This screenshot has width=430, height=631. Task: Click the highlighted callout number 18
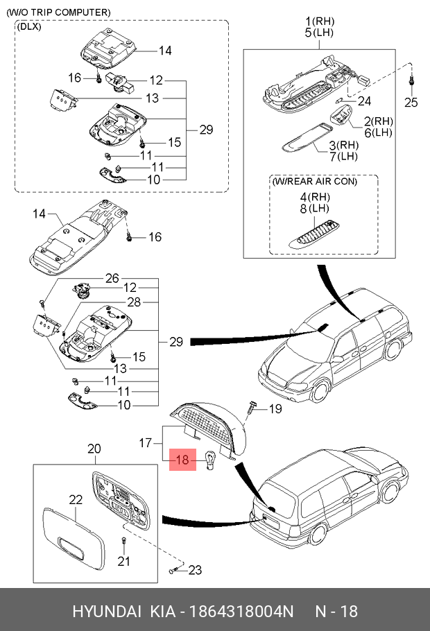point(182,460)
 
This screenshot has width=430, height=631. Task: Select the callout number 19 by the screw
point(275,409)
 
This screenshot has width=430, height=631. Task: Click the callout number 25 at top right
point(411,102)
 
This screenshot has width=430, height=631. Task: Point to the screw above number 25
point(411,80)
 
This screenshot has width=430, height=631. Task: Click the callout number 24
point(364,101)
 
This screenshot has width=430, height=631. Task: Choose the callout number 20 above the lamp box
point(94,449)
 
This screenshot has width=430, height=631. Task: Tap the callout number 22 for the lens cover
point(76,499)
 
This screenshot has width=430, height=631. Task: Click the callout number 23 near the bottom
point(195,570)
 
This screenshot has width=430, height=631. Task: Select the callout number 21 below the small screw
point(123,561)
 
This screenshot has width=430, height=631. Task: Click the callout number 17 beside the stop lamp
point(145,443)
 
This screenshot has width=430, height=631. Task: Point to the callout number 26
point(112,278)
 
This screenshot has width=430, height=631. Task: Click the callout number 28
point(134,302)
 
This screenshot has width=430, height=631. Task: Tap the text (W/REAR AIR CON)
point(315,181)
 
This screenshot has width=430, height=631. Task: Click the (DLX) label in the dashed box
point(29,26)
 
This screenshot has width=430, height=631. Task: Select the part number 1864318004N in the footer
point(241,612)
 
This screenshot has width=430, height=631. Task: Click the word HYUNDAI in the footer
point(107,612)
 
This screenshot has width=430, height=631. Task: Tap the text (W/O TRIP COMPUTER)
point(58,12)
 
